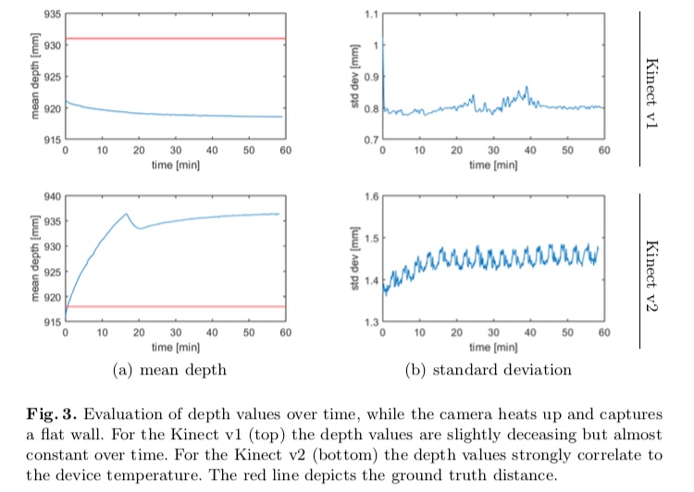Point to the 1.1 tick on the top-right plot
pyautogui.click(x=372, y=15)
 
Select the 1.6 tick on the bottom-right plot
pyautogui.click(x=372, y=196)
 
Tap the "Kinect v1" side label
pyautogui.click(x=653, y=89)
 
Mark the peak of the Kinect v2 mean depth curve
pyautogui.click(x=127, y=214)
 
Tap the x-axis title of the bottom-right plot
pyautogui.click(x=492, y=347)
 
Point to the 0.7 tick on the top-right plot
pyautogui.click(x=372, y=140)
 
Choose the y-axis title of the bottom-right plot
pyautogui.click(x=355, y=259)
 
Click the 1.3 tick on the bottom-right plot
pyautogui.click(x=372, y=321)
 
